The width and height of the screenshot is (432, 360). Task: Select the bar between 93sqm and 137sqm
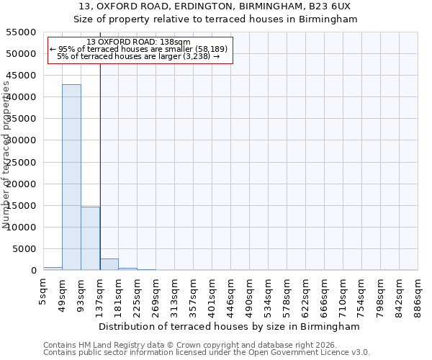click(90, 238)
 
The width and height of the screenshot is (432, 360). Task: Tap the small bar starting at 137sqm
click(109, 264)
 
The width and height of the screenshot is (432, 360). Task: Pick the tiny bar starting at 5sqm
click(53, 269)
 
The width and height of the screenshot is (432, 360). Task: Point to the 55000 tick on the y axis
click(22, 32)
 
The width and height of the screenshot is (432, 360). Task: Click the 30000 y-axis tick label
click(22, 140)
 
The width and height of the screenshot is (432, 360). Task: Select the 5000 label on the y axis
click(24, 249)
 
